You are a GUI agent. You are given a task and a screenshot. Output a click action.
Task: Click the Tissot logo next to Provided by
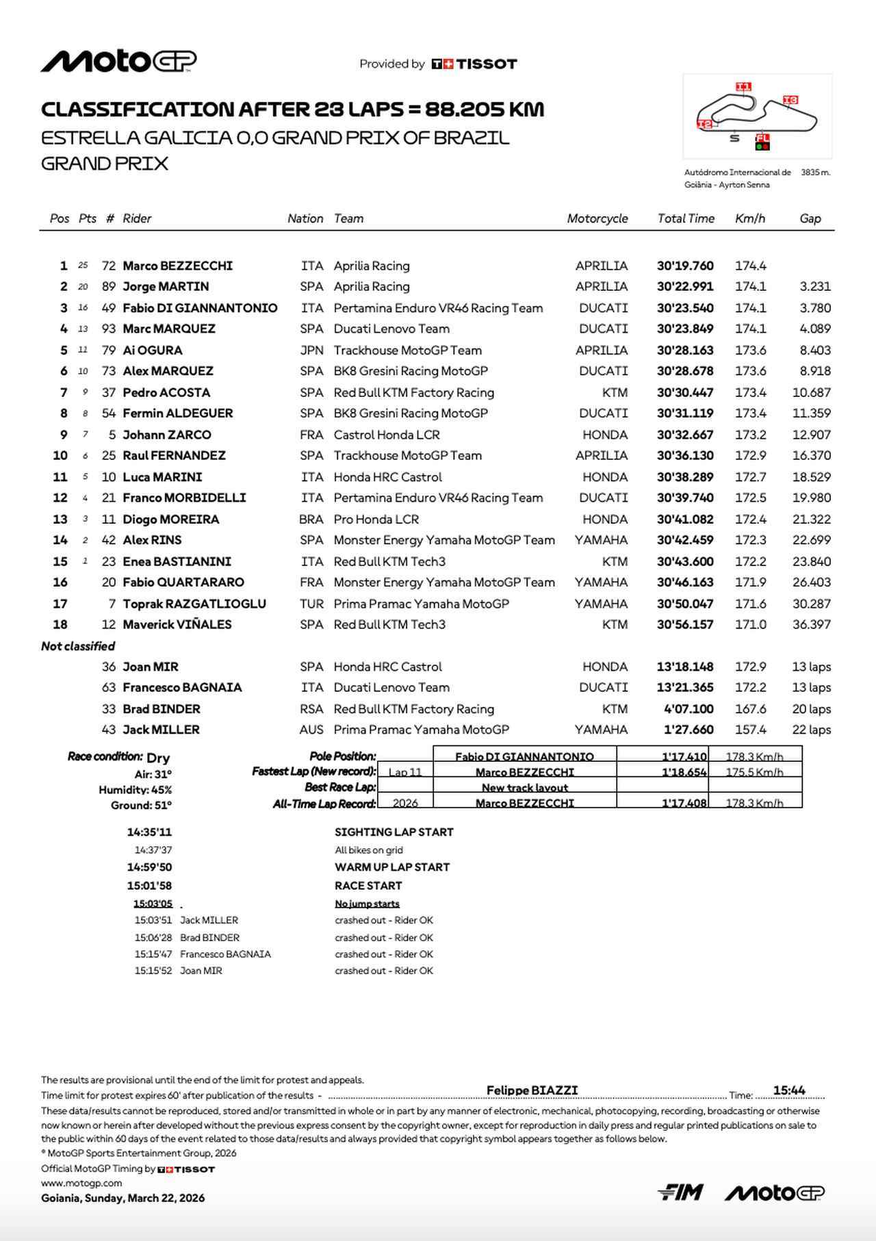point(474,64)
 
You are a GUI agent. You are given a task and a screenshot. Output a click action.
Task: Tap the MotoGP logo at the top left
point(118,62)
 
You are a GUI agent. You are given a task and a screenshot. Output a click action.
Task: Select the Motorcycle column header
point(597,218)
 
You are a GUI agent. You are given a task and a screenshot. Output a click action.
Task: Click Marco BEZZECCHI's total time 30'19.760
point(685,266)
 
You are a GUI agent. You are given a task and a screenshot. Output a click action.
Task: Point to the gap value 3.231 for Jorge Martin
point(814,287)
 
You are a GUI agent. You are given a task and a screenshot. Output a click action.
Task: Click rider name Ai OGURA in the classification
point(152,350)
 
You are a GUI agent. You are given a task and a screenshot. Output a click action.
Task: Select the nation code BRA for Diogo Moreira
point(311,520)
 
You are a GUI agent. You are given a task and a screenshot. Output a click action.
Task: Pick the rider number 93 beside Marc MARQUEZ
point(109,329)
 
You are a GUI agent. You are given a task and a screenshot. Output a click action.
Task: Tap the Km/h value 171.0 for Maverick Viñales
point(750,625)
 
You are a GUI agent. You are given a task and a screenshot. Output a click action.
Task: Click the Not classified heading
point(78,646)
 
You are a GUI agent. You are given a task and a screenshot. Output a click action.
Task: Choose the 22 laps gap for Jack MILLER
point(811,730)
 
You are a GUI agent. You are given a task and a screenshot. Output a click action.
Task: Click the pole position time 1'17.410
point(684,756)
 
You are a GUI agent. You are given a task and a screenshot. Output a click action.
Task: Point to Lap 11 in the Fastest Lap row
point(405,772)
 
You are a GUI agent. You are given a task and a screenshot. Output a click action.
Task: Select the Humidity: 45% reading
point(135,790)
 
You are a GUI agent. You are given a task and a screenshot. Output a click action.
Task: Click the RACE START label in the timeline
point(368,886)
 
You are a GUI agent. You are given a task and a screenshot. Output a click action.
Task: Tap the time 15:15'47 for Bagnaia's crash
point(153,954)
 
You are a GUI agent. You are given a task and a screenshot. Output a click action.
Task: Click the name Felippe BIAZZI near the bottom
point(532,1090)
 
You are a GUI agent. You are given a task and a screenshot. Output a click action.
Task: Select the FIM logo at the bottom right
point(680,1192)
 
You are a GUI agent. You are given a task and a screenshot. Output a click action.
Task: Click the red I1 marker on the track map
point(743,87)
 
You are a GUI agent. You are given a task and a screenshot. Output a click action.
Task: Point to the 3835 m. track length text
point(815,172)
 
